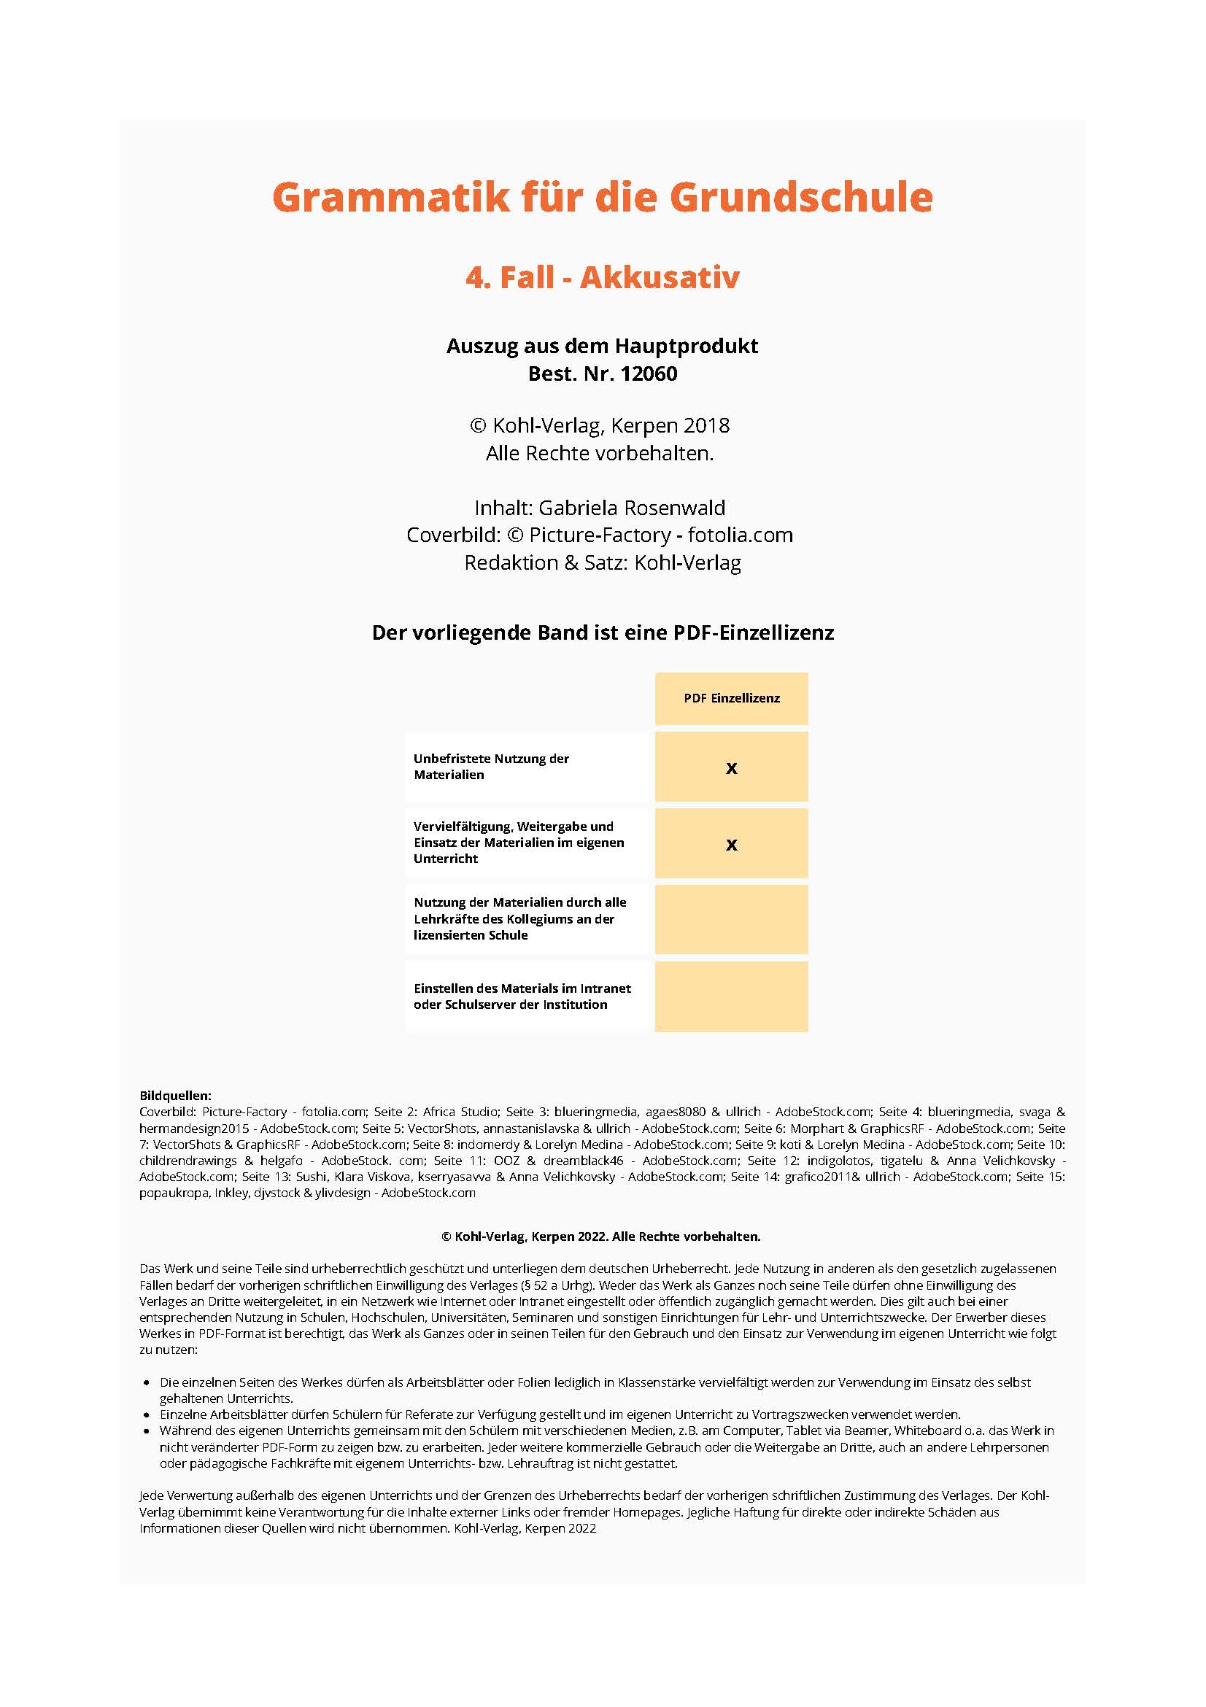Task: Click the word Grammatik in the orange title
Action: click(x=391, y=198)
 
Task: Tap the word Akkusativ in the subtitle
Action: click(x=660, y=277)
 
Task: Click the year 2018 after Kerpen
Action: click(x=706, y=425)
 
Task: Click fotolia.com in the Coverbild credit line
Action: click(x=740, y=535)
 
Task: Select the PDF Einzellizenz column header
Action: click(x=731, y=698)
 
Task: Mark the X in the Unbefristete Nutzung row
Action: click(x=731, y=768)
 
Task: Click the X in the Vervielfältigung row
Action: click(x=731, y=845)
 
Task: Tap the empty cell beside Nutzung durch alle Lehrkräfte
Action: click(x=731, y=920)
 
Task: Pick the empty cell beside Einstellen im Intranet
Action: click(x=731, y=996)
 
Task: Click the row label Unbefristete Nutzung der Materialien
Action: click(x=491, y=767)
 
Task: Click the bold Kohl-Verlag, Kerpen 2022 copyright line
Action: click(x=600, y=1236)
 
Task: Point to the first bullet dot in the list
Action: click(x=147, y=1383)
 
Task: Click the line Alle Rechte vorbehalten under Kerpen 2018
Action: click(x=599, y=454)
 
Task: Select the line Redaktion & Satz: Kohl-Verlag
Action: click(x=602, y=563)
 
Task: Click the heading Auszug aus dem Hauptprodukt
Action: click(x=601, y=346)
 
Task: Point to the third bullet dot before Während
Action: click(x=147, y=1431)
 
